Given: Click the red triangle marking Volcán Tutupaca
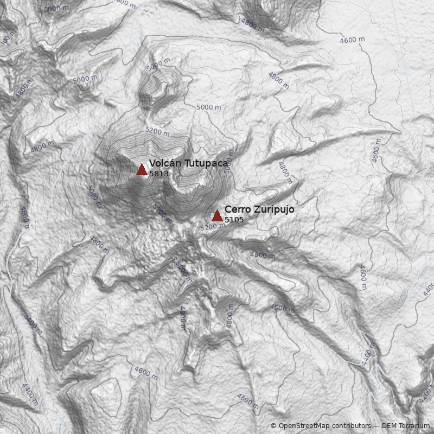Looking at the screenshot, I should click(142, 170).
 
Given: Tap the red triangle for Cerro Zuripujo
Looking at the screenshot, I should click(217, 216).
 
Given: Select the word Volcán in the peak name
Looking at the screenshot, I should click(165, 163).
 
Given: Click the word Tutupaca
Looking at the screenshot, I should click(205, 163).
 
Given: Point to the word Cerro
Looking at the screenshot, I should click(236, 209).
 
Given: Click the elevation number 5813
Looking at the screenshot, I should click(159, 174).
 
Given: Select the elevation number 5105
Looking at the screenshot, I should click(234, 220).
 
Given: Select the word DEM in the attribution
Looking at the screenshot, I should click(389, 426).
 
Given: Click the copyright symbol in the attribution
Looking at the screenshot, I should click(273, 426).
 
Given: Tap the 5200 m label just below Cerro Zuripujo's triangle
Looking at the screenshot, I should click(212, 227).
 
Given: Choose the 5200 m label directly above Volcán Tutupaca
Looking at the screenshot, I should click(157, 131).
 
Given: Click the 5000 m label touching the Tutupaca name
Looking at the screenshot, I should click(229, 161).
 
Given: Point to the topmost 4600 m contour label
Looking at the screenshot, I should click(352, 40).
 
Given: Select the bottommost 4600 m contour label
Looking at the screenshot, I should click(248, 400).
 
